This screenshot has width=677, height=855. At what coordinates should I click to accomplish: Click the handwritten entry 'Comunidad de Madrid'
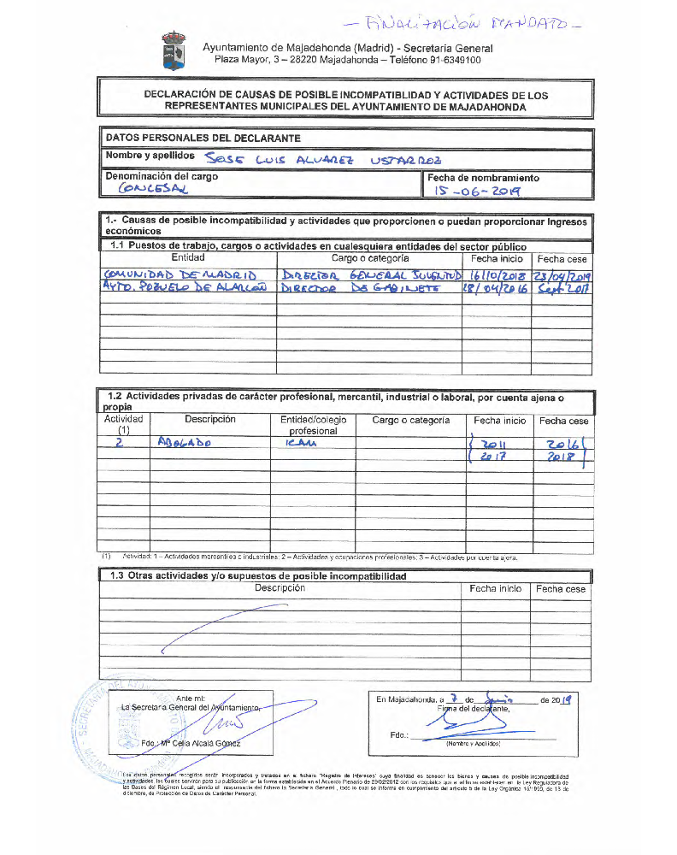(x=179, y=274)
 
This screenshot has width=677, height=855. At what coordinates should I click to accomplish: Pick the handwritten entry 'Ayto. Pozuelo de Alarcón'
(x=184, y=288)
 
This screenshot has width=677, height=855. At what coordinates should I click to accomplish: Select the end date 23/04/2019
(x=562, y=275)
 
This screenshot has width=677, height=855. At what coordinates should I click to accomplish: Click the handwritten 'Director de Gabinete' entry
(x=360, y=289)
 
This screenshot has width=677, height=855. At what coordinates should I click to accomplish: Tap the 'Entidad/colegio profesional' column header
(x=313, y=426)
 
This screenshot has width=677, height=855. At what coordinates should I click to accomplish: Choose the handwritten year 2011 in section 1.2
(x=494, y=444)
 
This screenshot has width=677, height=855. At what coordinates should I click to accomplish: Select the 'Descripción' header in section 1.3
(x=280, y=588)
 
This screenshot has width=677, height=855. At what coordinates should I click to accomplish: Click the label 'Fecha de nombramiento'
(x=484, y=178)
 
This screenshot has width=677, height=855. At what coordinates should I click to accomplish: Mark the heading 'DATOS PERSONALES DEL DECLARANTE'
(x=203, y=138)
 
